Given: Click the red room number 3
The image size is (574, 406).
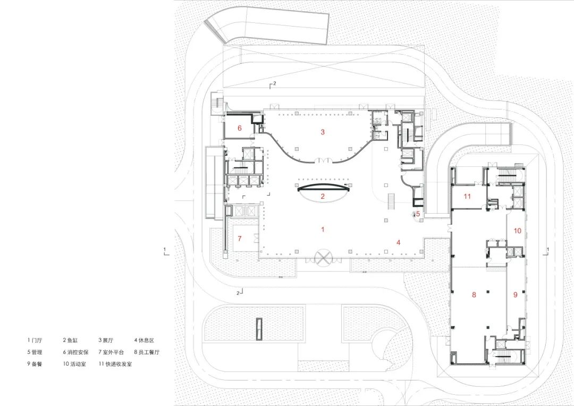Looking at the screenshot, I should point(322,132).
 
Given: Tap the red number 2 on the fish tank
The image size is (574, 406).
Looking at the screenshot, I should point(322,196).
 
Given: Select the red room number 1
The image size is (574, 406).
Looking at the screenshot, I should point(322,230).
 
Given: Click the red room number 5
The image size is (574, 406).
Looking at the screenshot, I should point(418,214).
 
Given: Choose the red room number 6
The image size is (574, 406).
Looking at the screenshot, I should point(240,128).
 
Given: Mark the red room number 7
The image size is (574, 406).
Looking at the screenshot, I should point(240,238).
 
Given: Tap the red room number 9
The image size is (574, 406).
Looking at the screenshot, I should point(514,294).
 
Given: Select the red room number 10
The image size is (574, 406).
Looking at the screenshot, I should point(517,230).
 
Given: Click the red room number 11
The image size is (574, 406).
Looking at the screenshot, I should point(467,197).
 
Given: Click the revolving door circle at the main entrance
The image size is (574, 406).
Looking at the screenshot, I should point(323,259).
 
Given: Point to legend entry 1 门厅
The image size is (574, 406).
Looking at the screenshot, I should point(37,340).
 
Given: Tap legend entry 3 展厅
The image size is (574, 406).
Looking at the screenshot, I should point(107,340).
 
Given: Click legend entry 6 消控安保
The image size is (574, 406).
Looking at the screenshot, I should point(75,352).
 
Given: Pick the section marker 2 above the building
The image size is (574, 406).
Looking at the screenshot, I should point(273,84).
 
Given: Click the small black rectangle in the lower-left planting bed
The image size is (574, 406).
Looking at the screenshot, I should point(259,329).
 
